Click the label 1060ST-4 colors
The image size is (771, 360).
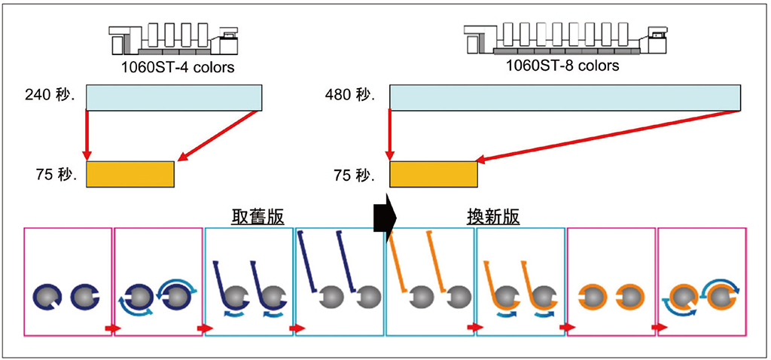[x=178, y=68]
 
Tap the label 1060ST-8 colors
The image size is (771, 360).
[x=562, y=66]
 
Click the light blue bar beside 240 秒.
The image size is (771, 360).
[x=174, y=98]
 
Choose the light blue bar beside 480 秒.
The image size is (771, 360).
[x=565, y=98]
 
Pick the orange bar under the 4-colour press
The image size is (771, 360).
[x=130, y=174]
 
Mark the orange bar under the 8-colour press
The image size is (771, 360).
[x=434, y=174]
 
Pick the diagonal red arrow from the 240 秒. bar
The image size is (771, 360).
[x=218, y=136]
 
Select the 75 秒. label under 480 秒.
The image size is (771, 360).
[x=353, y=176]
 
